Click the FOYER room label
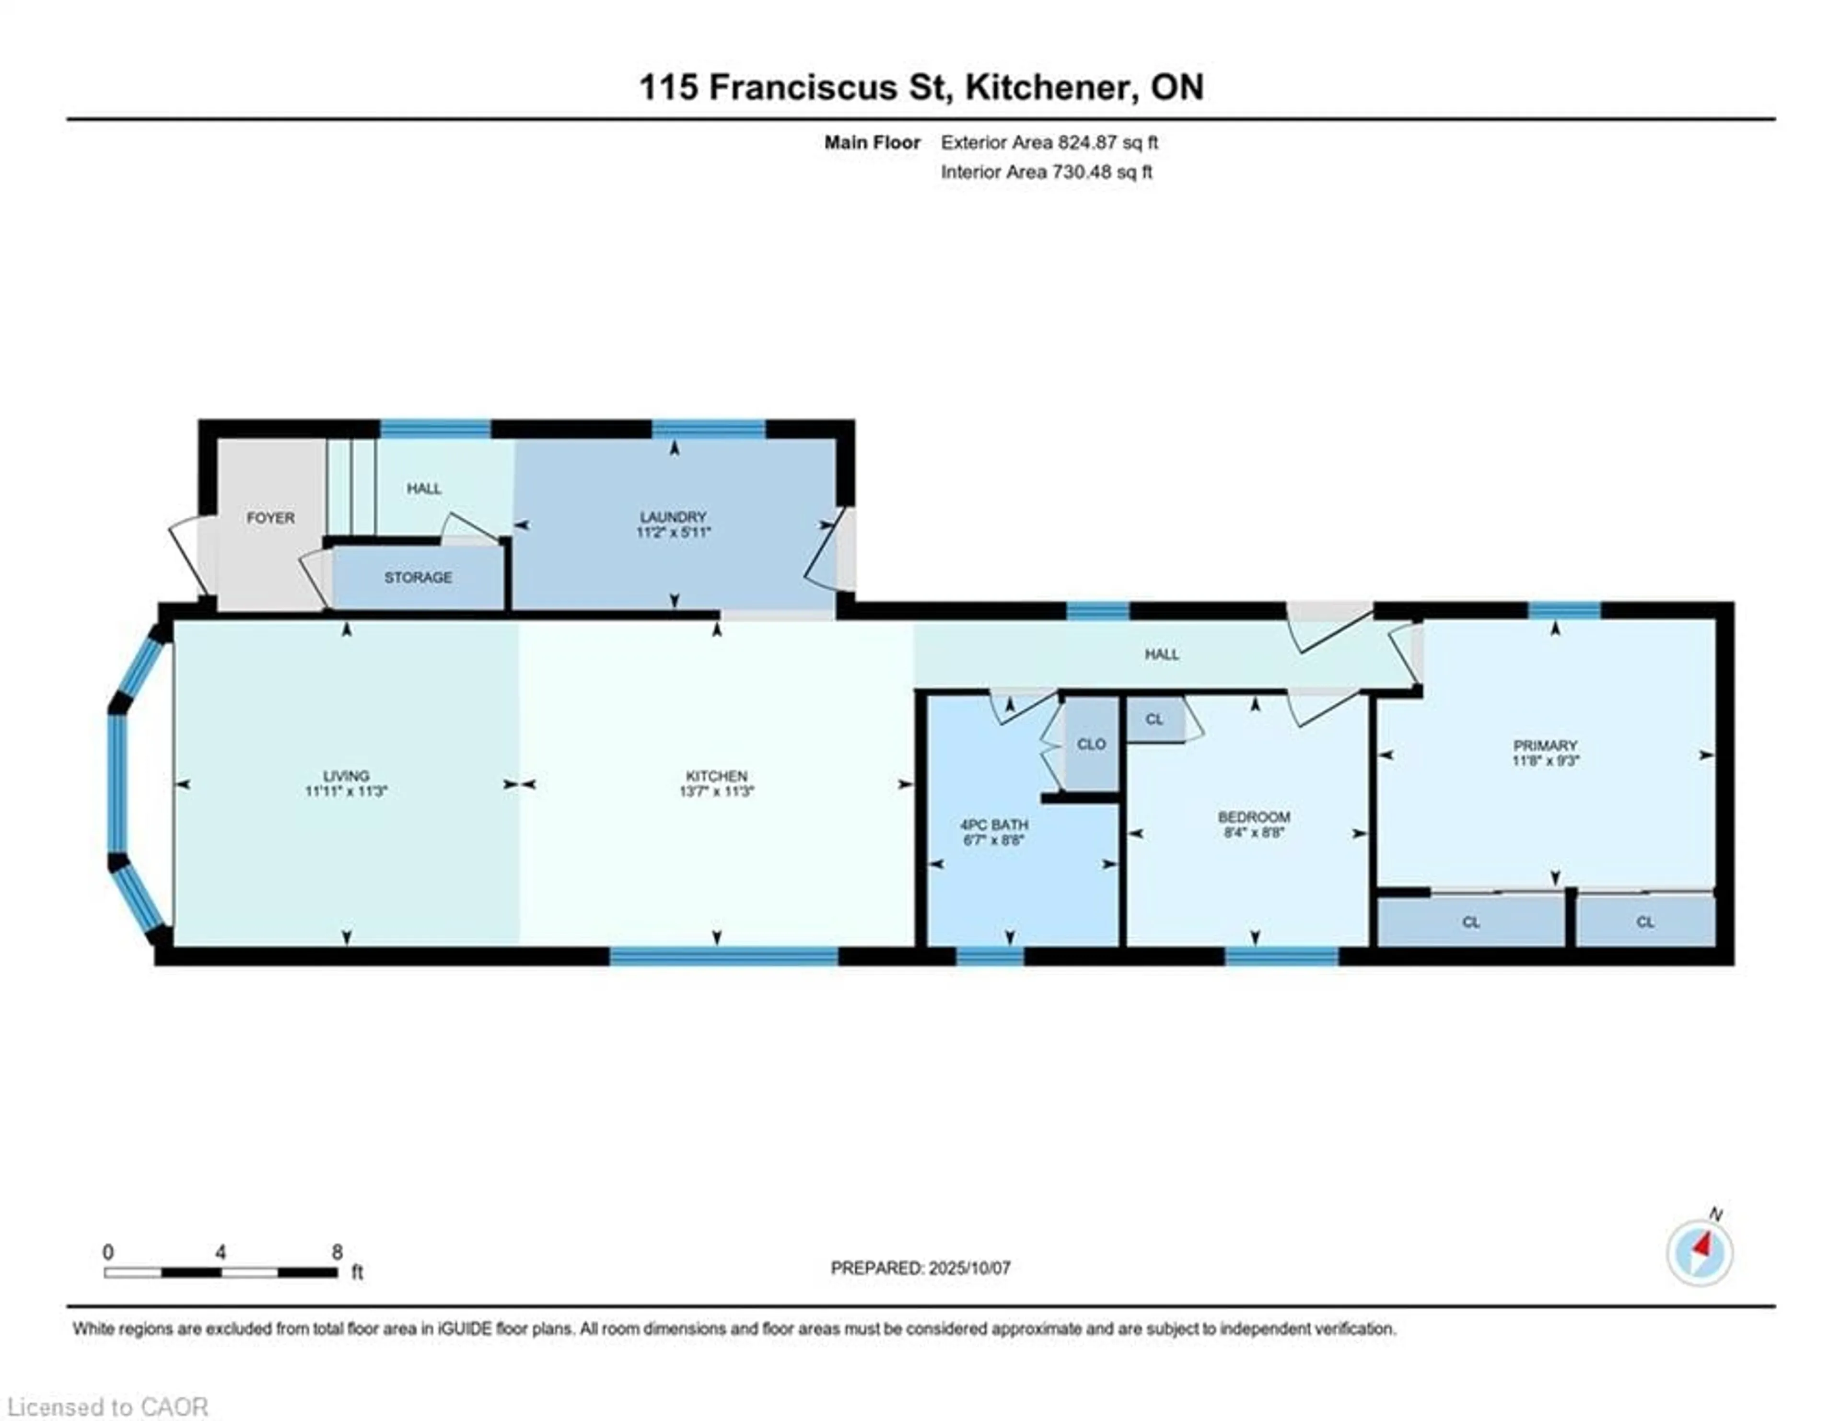coord(270,517)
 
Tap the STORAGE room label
coord(418,577)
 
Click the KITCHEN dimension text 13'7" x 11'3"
coord(717,792)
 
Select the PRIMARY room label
coord(1545,745)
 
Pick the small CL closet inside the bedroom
coord(1154,719)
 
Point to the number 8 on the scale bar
coord(337,1252)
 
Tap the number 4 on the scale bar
coord(221,1252)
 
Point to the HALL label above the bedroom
coord(1162,654)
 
